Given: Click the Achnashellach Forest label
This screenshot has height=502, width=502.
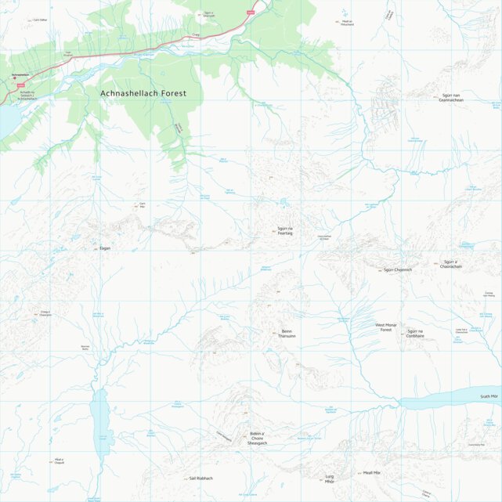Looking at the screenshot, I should [x=143, y=93].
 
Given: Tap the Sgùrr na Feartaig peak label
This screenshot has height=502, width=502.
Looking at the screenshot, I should [x=284, y=231].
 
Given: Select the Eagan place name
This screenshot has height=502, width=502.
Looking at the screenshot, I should [x=105, y=248].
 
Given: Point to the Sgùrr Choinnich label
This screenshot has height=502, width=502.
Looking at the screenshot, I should [x=397, y=270].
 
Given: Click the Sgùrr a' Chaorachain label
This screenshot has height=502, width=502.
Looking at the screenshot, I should [x=451, y=264].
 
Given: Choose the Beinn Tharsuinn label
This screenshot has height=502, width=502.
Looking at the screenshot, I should [x=287, y=334].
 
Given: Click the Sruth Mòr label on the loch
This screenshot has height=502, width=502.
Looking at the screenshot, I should [x=489, y=397].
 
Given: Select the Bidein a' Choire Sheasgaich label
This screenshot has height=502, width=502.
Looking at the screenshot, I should [x=257, y=438].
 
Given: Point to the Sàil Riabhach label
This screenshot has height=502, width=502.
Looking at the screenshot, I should [x=201, y=478].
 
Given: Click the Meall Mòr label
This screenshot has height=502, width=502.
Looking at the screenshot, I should [x=371, y=473].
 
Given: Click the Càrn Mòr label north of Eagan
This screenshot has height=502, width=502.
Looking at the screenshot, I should [x=142, y=206].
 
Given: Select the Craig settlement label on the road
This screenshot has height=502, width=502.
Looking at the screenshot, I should [x=196, y=34].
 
